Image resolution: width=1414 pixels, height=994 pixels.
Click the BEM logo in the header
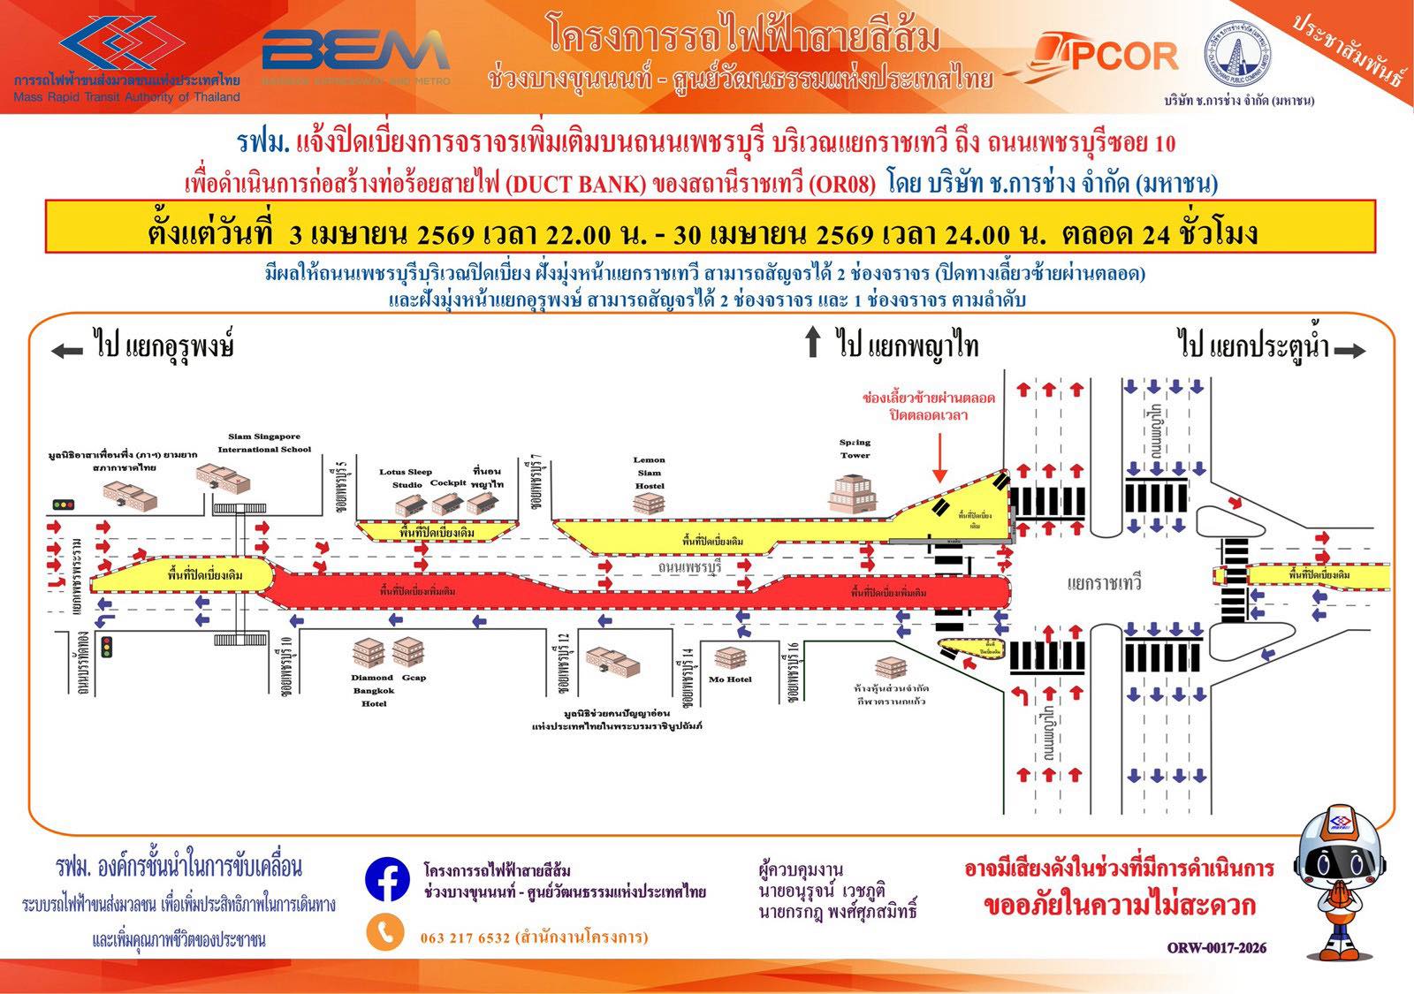pyautogui.click(x=355, y=54)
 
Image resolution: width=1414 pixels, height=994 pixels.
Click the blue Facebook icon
pyautogui.click(x=386, y=879)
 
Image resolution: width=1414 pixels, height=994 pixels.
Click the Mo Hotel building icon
pyautogui.click(x=730, y=658)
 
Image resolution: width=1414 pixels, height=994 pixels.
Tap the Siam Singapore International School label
pyautogui.click(x=264, y=443)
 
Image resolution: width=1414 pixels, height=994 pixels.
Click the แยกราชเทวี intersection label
pyautogui.click(x=1104, y=583)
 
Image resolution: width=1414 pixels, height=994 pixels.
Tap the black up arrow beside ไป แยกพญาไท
pyautogui.click(x=813, y=343)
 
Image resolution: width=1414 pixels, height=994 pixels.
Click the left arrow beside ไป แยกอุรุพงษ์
pyautogui.click(x=66, y=350)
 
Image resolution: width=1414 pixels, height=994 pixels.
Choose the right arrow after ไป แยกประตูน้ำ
pyautogui.click(x=1349, y=351)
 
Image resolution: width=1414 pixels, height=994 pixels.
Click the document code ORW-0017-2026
pyautogui.click(x=1216, y=948)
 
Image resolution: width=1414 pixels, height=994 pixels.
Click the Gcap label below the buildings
pyautogui.click(x=414, y=678)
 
